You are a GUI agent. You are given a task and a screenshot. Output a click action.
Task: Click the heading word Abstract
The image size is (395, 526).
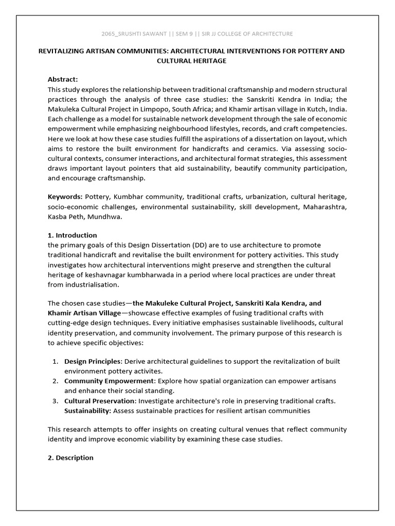(63, 79)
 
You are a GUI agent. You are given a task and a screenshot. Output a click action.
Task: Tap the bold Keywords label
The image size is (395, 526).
(65, 197)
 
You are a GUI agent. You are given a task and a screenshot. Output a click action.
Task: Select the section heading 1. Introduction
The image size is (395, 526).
(72, 235)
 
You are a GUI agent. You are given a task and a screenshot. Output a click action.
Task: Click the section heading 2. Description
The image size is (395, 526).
(70, 458)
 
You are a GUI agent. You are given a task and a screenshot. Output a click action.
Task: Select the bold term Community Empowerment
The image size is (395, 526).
(109, 381)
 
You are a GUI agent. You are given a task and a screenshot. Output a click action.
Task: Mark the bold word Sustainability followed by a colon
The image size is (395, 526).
(87, 410)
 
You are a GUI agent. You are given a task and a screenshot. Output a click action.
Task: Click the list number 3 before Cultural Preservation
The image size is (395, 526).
(55, 401)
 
